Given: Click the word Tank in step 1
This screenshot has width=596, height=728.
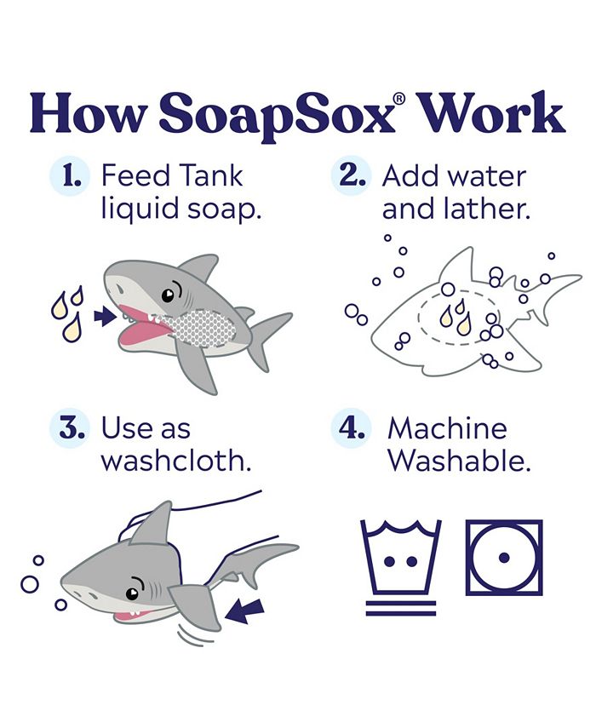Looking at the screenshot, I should click(x=211, y=176).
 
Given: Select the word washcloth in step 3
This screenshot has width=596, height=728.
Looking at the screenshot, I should click(x=175, y=460).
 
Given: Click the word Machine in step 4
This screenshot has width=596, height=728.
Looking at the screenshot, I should click(x=447, y=427).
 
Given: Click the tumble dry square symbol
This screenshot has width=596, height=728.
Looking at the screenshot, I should click(x=503, y=558).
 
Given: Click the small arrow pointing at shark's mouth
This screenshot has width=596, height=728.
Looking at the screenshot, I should click(x=104, y=318).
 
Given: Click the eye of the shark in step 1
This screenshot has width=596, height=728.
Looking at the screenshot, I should click(x=169, y=295).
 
